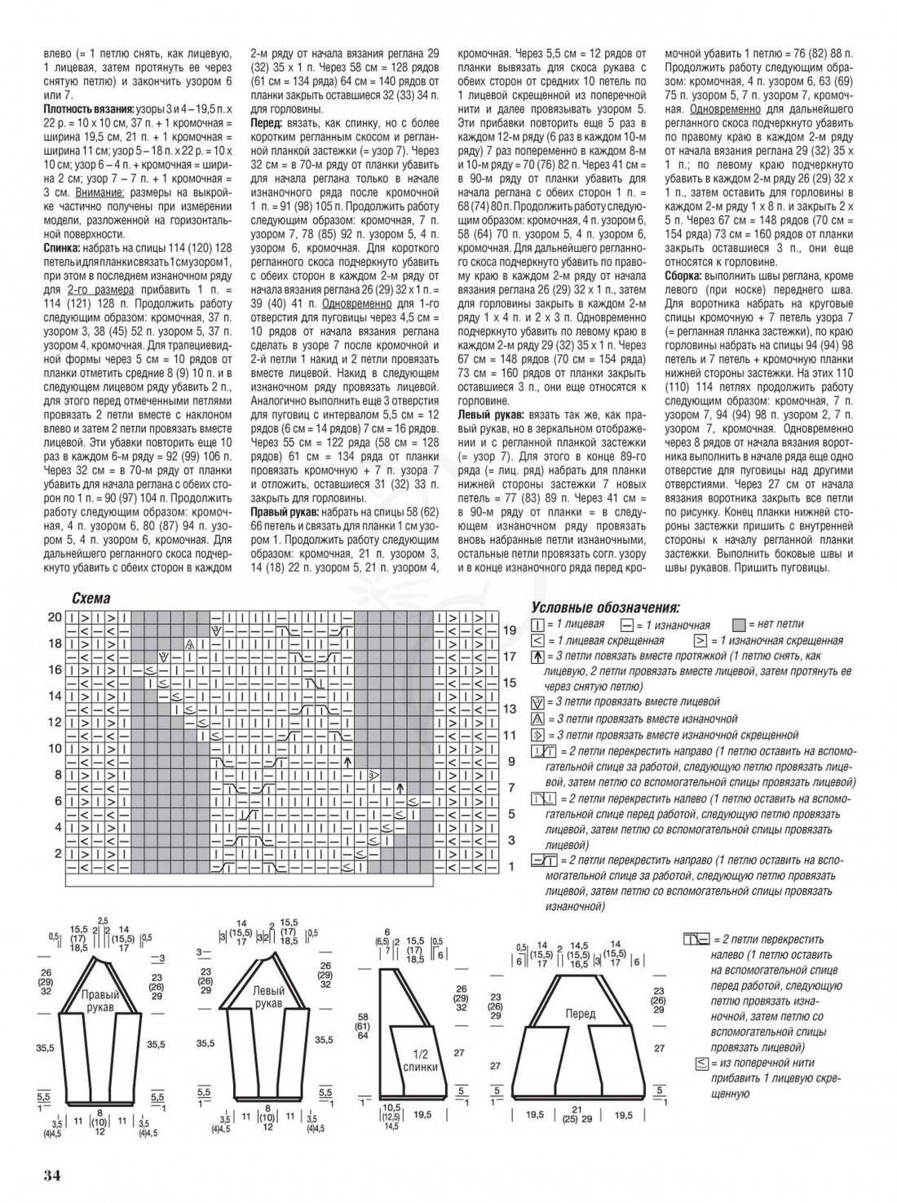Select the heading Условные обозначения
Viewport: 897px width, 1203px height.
pyautogui.click(x=604, y=607)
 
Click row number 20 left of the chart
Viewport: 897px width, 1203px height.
pyautogui.click(x=54, y=617)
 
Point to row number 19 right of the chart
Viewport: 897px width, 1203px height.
pyautogui.click(x=510, y=630)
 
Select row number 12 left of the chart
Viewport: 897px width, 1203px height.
pyautogui.click(x=54, y=722)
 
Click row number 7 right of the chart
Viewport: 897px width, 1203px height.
pyautogui.click(x=510, y=788)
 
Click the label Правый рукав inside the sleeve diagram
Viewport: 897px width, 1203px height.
pyautogui.click(x=100, y=1001)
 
